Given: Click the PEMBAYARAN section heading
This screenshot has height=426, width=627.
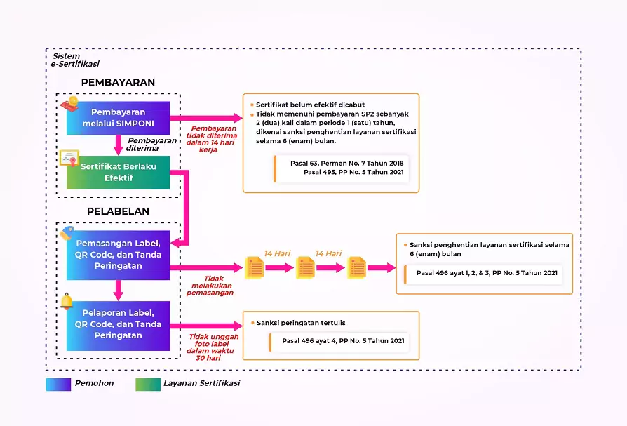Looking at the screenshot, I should point(118,82).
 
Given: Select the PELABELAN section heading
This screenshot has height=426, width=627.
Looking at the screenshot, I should point(118,211).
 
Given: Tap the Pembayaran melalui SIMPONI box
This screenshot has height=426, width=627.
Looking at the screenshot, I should point(118,118).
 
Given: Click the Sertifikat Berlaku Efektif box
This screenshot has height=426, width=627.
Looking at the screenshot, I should point(118,172).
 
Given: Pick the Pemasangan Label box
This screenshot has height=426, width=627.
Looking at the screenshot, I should point(118,255).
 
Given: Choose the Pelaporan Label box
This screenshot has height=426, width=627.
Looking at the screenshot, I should point(118,324).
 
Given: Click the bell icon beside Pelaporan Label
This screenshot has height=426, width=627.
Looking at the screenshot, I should point(67,302).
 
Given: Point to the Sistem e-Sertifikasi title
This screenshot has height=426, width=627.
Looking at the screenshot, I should point(70,60).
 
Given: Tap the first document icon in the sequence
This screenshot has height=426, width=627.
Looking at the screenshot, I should point(254,267).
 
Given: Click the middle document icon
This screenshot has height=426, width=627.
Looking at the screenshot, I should point(305,267).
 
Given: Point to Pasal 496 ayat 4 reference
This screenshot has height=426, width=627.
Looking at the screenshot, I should point(343,341).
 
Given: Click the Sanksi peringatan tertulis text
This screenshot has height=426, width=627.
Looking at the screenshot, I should point(301,323).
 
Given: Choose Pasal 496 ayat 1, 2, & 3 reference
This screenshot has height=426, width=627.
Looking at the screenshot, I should point(487,272).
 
